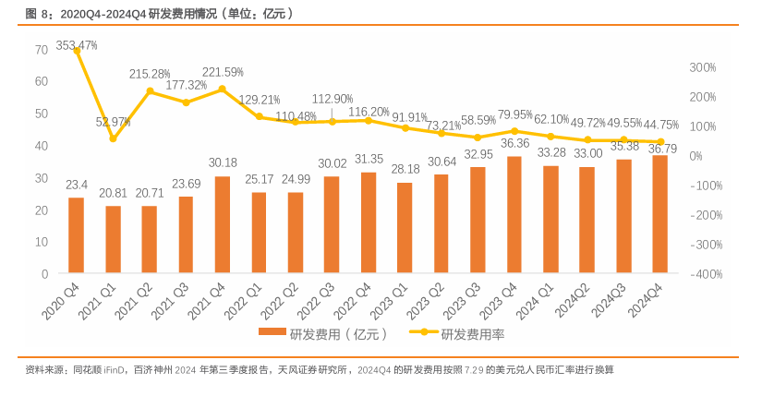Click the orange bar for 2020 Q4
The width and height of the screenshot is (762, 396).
point(76,235)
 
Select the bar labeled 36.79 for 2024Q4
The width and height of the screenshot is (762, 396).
point(659,214)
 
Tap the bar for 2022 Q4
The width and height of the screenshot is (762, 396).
point(368,222)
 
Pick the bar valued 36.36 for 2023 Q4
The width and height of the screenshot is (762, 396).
point(514,215)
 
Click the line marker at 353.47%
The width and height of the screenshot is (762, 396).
point(77,51)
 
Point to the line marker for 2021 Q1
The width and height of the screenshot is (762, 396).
point(113,138)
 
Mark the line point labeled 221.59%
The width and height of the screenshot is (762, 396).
point(222,90)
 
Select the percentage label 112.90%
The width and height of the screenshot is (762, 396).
point(333,99)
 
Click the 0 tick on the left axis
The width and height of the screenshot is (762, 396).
point(44,274)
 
